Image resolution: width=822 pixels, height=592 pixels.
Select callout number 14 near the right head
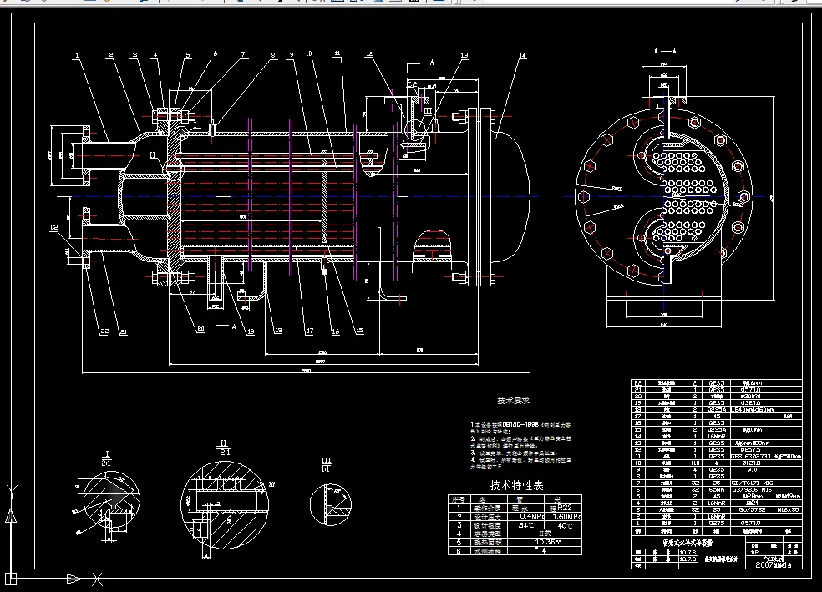tap(522, 56)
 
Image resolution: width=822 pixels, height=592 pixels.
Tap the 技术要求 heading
tap(514, 402)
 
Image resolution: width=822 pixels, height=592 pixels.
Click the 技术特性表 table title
tap(515, 485)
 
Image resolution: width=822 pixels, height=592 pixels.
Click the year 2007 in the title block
tap(768, 564)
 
